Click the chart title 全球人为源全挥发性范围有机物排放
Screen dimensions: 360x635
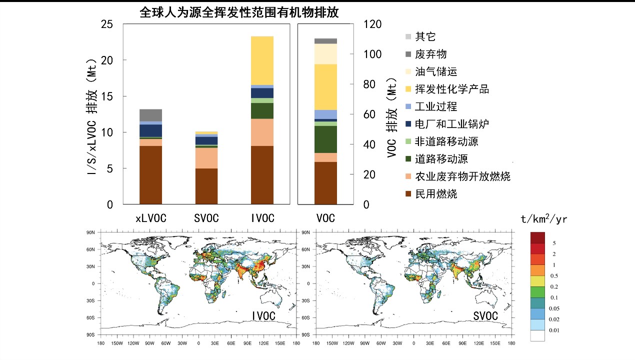(239, 13)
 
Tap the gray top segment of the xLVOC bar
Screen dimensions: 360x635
(150, 115)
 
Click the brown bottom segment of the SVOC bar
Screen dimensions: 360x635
(206, 186)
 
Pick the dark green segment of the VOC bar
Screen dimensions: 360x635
(325, 139)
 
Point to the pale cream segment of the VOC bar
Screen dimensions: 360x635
(325, 54)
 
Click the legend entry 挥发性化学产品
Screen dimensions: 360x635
(452, 89)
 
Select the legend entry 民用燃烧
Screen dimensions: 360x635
(436, 194)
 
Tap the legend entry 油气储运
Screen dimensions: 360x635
(436, 72)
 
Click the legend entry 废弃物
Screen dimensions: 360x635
(431, 54)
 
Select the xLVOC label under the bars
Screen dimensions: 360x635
(151, 218)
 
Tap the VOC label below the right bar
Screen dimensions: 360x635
(325, 218)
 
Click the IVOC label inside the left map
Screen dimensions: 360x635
(263, 316)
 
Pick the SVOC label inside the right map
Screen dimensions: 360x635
(485, 316)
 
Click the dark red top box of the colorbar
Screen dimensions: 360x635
(538, 237)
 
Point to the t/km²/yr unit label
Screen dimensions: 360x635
(544, 219)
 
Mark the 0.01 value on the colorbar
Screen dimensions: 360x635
(553, 330)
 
